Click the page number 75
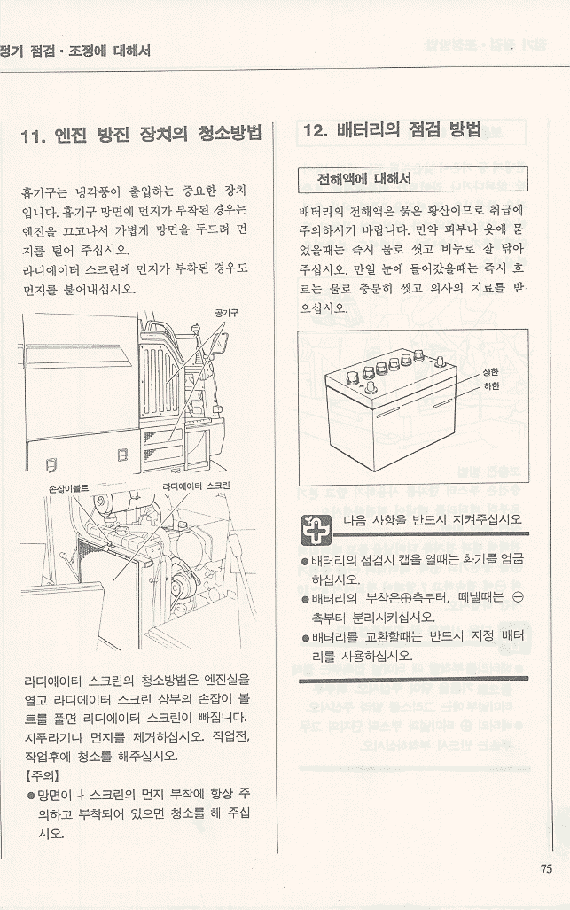(546, 868)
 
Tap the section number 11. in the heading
(33, 136)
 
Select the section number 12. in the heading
(316, 130)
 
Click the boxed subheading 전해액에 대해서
(364, 179)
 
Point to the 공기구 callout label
(226, 313)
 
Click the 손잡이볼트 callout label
(68, 488)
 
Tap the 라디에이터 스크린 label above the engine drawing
(196, 486)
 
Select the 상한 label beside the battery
(490, 371)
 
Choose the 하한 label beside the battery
(490, 385)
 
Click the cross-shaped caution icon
(316, 529)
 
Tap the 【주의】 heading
(42, 775)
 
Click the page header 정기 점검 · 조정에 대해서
(75, 51)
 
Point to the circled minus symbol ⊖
(518, 597)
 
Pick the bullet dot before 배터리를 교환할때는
(305, 638)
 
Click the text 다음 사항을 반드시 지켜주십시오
(433, 519)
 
